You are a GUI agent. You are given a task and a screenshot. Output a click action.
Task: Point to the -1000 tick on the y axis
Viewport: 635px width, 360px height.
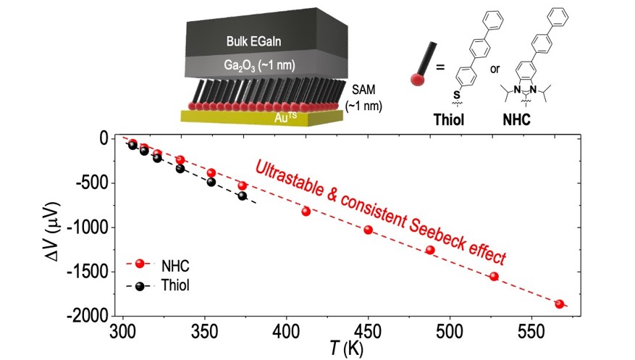tap(89, 227)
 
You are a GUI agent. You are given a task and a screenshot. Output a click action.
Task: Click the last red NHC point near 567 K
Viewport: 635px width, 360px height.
tap(559, 304)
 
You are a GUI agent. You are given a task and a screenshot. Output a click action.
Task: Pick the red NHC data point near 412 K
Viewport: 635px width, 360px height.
tap(306, 212)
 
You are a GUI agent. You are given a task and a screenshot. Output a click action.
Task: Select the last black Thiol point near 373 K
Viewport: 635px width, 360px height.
tap(243, 196)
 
